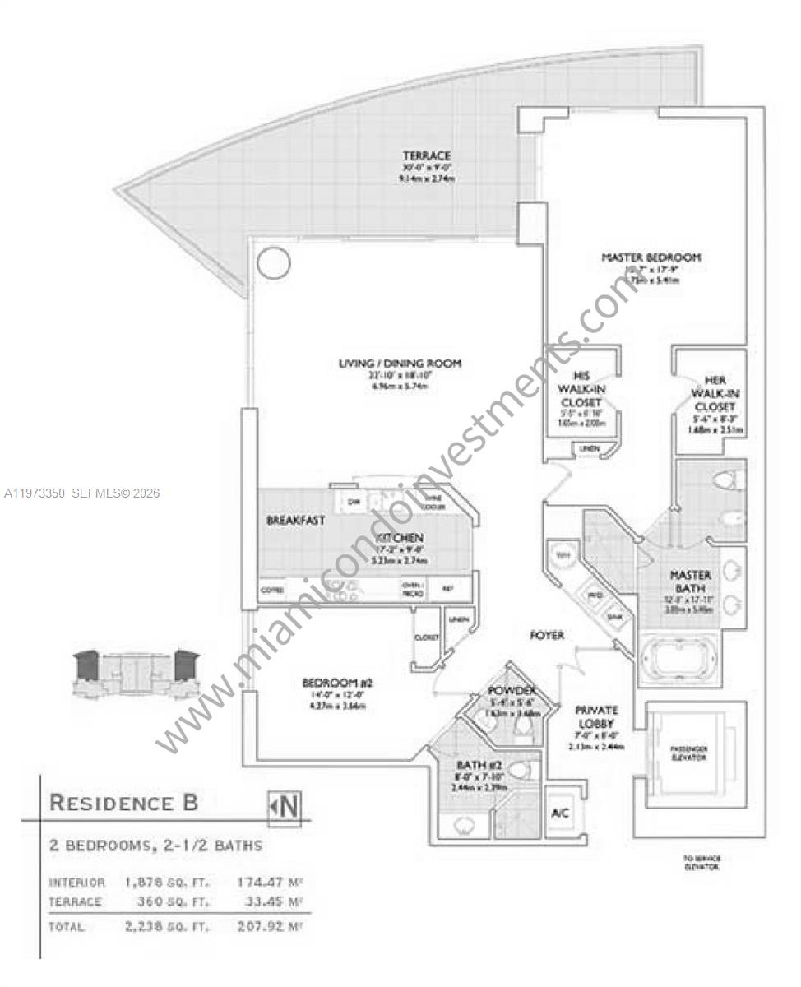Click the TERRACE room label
(x=426, y=155)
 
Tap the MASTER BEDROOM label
(x=651, y=257)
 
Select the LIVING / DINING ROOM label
(x=400, y=363)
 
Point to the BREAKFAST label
(x=295, y=521)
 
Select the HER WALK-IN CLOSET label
(x=713, y=393)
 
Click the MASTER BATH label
(x=689, y=575)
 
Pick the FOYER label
(x=546, y=636)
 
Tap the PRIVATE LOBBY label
(x=596, y=717)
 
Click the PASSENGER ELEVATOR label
(x=688, y=752)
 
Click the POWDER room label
(x=512, y=690)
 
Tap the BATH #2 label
(x=482, y=766)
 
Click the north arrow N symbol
(x=288, y=806)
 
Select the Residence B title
(x=124, y=803)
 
